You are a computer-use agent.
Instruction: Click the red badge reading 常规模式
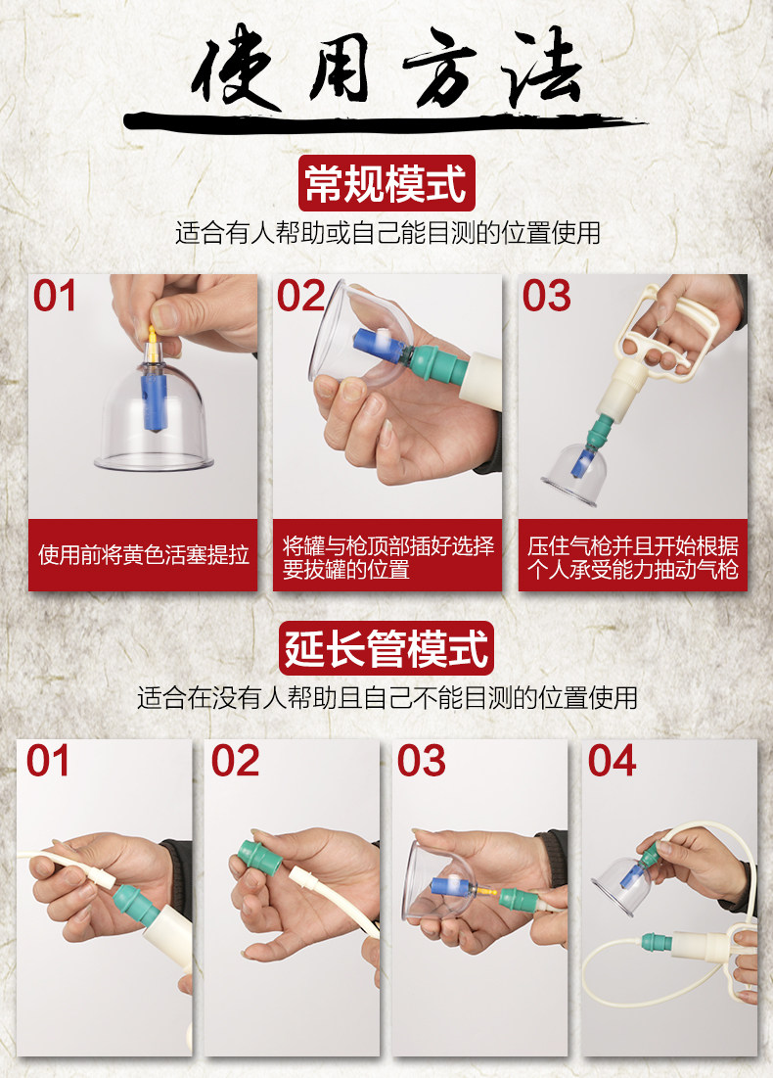coord(386,183)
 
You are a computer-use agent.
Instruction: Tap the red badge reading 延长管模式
coord(386,647)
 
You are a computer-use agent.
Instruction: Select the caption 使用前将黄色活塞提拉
coord(143,555)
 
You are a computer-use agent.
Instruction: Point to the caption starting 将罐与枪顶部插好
coord(387,557)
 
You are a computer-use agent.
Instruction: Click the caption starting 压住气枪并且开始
coord(633,557)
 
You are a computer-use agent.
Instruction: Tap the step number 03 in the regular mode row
coord(546,297)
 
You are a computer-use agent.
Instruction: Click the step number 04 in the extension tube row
coord(612,761)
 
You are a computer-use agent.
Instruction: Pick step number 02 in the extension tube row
coord(235,761)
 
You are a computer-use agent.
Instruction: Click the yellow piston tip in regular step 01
coord(152,341)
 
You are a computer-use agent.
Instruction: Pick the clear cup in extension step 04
coord(622,887)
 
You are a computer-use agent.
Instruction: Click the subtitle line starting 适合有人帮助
coord(387,233)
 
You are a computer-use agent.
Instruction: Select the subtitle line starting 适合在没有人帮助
coord(387,698)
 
